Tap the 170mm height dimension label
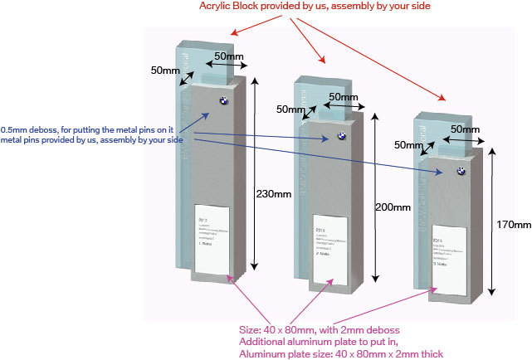click(513, 225)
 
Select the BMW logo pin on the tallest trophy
click(223, 100)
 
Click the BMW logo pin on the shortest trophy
click(459, 170)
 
